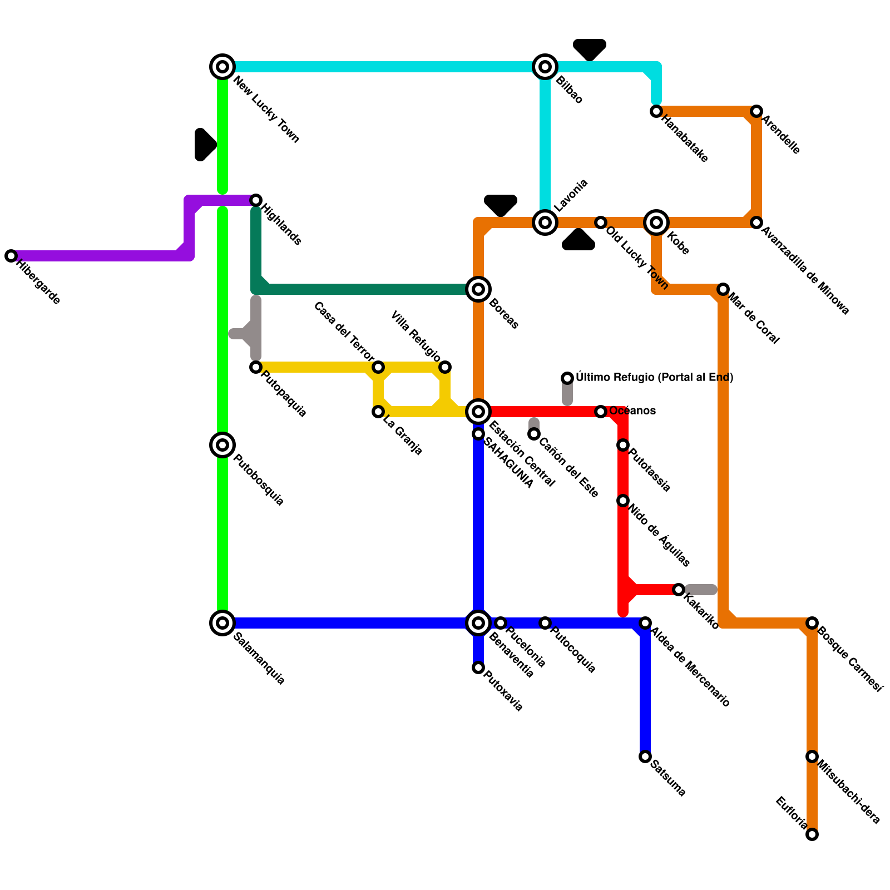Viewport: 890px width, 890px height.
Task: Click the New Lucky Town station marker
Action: pyautogui.click(x=222, y=67)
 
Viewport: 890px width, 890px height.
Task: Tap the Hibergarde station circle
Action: pyautogui.click(x=11, y=256)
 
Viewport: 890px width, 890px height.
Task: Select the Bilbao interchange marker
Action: pyautogui.click(x=545, y=67)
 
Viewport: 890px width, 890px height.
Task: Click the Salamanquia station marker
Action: pyautogui.click(x=222, y=623)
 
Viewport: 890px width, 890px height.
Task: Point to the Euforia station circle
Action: pyautogui.click(x=812, y=834)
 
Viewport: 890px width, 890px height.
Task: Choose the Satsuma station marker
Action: pyautogui.click(x=645, y=756)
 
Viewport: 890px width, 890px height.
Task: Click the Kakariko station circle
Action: pyautogui.click(x=679, y=590)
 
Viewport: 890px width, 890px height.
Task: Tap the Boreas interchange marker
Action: pyautogui.click(x=478, y=289)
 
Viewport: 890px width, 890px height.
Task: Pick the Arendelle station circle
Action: pyautogui.click(x=756, y=111)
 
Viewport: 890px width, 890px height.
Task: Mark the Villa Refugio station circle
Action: pyautogui.click(x=445, y=367)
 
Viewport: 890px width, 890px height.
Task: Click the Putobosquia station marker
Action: pyautogui.click(x=222, y=445)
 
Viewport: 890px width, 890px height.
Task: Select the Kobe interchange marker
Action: pyautogui.click(x=656, y=222)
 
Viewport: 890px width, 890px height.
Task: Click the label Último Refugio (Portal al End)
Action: pyautogui.click(x=654, y=378)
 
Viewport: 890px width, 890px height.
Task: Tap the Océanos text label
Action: pyautogui.click(x=632, y=411)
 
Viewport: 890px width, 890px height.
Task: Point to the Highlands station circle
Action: pyautogui.click(x=256, y=200)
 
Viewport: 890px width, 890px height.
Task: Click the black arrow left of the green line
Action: pyautogui.click(x=205, y=145)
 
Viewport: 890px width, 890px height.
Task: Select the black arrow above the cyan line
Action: pyautogui.click(x=590, y=49)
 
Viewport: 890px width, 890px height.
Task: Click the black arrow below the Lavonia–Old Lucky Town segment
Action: pyautogui.click(x=578, y=240)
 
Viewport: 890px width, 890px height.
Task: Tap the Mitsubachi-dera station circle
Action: pyautogui.click(x=812, y=756)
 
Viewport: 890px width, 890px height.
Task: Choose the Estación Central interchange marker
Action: pyautogui.click(x=478, y=412)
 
